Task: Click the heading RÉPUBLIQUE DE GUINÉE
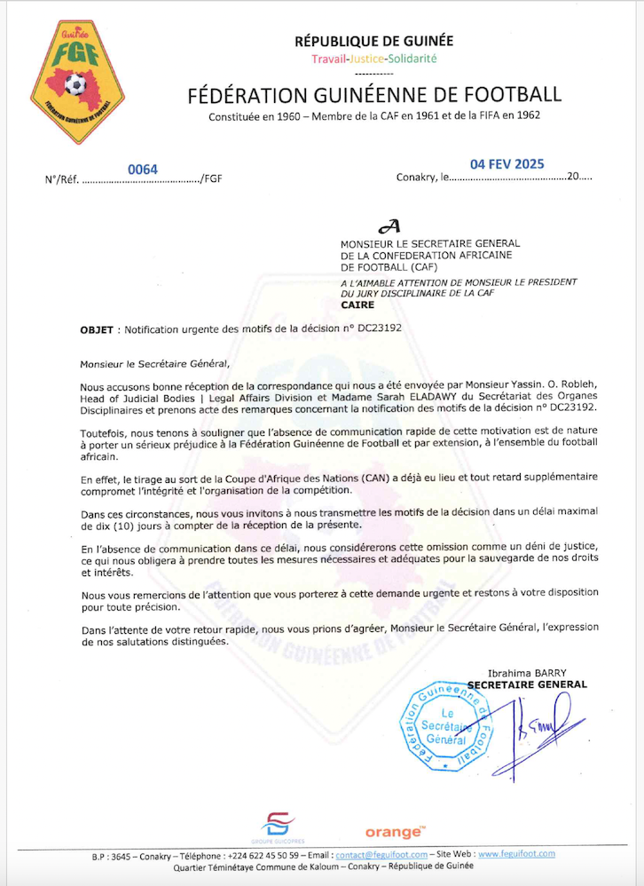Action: [x=373, y=41]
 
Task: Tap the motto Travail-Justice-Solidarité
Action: [x=373, y=59]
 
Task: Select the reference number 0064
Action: [x=142, y=170]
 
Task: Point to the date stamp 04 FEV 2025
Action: [x=507, y=164]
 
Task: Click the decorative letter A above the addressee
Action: [x=389, y=228]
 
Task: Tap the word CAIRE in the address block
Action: [x=357, y=304]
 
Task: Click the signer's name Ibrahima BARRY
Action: [x=525, y=672]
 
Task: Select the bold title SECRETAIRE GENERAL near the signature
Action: [x=527, y=684]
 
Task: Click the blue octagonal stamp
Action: [x=446, y=726]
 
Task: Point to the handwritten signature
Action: [x=534, y=728]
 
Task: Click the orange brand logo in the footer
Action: [x=395, y=832]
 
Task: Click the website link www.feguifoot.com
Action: [x=516, y=854]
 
